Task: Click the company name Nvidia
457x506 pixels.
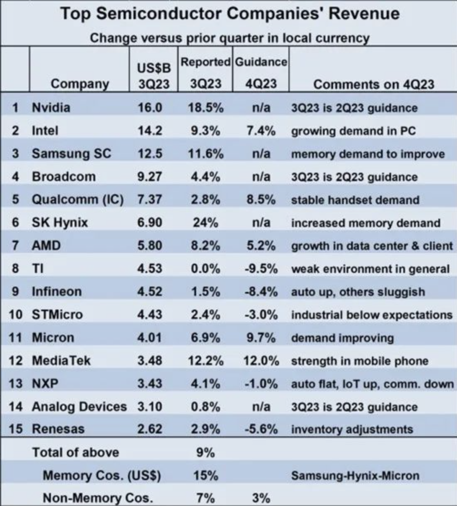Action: [51, 108]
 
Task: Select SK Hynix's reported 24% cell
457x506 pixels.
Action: [206, 223]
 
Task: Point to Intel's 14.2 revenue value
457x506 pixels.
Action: [150, 131]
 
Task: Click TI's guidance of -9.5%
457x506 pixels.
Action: [261, 269]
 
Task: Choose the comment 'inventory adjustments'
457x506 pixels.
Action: [352, 429]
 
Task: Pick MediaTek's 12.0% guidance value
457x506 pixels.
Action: [261, 361]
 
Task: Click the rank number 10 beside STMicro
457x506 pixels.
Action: [15, 315]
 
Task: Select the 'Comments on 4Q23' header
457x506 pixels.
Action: [374, 84]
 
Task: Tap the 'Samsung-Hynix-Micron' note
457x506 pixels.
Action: [355, 476]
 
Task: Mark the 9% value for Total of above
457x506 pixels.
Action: [206, 453]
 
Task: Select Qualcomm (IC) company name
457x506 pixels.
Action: [78, 200]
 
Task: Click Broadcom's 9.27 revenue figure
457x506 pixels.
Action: [150, 177]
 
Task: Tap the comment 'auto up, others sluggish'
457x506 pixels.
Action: [358, 292]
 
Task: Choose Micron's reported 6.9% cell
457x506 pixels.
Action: [206, 338]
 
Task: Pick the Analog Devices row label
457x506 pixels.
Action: [79, 407]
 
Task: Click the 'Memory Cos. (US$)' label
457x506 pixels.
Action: [102, 476]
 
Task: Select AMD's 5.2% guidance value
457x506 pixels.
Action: [261, 246]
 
